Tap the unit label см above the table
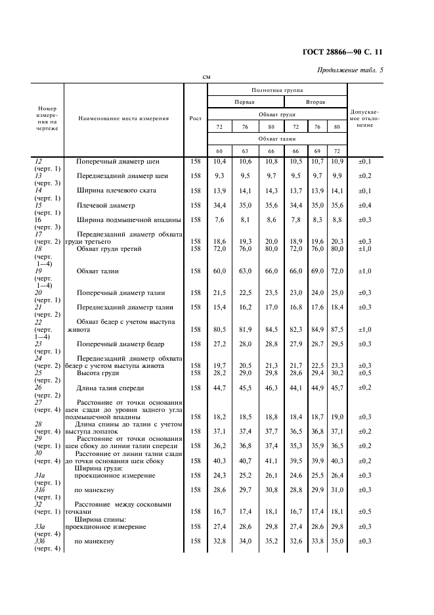point(206,78)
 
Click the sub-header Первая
point(245,102)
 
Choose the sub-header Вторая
point(316,102)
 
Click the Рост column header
point(195,118)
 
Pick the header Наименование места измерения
point(123,118)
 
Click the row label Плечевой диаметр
point(106,205)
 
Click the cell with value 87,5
point(337,329)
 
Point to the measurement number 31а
point(39,474)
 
